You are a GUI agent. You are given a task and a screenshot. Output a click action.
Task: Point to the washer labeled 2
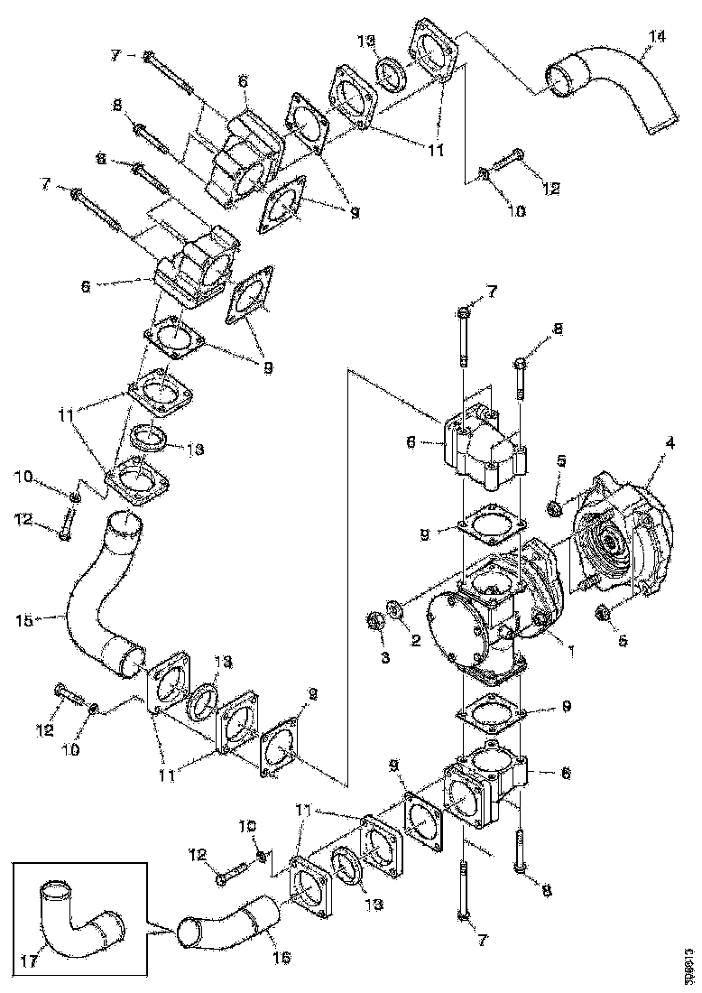pos(394,606)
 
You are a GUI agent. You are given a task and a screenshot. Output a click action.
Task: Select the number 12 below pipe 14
pos(550,189)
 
